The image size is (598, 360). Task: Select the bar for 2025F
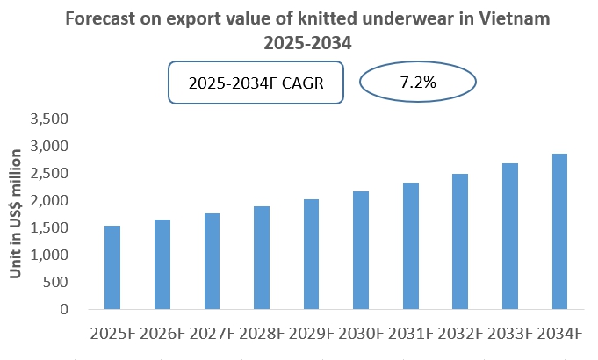[112, 268]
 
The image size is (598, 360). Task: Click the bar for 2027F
[212, 262]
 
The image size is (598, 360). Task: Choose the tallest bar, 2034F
[559, 232]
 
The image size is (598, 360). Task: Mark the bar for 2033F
[509, 236]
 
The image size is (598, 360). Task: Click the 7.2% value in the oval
[418, 84]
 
